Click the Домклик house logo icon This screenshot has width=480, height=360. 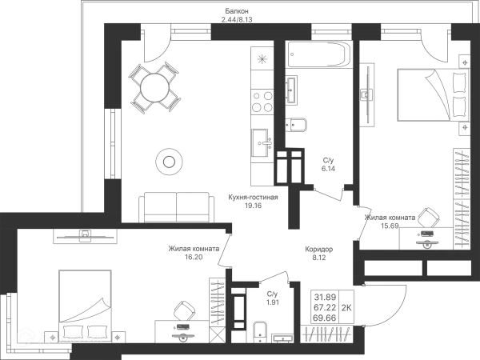pos(26,338)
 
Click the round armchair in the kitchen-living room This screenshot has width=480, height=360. pos(169,161)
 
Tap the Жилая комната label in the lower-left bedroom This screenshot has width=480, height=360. pos(193,252)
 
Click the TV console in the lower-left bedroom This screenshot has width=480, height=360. pos(84,235)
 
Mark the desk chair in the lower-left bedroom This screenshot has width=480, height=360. pos(187,307)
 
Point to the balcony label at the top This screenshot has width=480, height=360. pos(236,14)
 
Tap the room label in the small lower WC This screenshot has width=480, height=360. pos(271,300)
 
